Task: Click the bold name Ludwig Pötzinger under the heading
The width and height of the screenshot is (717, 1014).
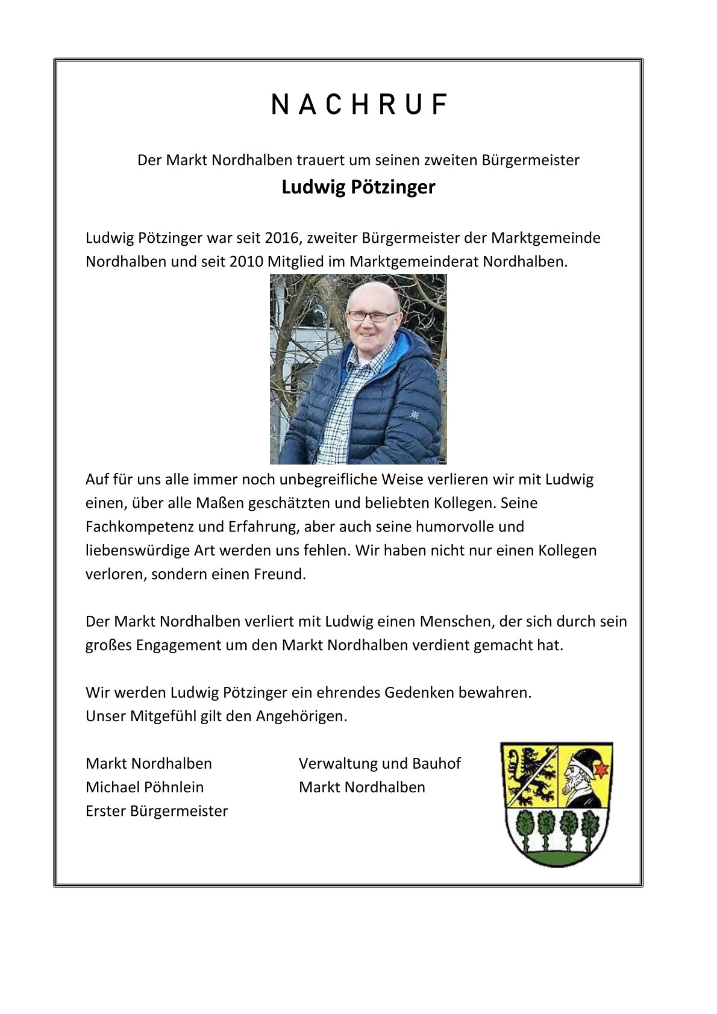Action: [x=358, y=187]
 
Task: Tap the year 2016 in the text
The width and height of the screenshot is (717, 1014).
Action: [x=281, y=238]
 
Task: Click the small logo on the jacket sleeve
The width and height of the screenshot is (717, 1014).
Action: [x=413, y=414]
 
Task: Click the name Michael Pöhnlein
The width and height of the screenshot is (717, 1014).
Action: [x=145, y=787]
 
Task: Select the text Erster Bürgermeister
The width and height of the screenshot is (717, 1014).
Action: [x=157, y=811]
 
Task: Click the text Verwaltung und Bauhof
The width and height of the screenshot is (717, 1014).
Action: [x=380, y=763]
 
